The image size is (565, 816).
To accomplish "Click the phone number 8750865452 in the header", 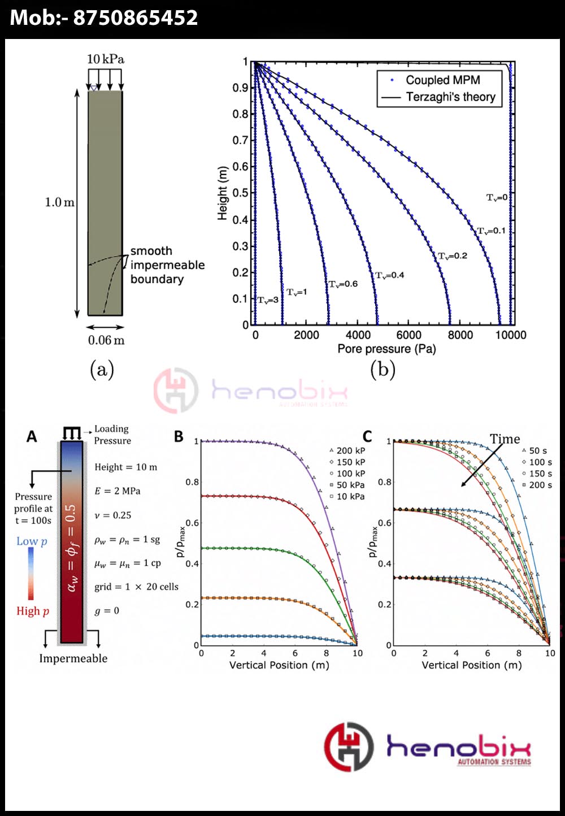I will [136, 18].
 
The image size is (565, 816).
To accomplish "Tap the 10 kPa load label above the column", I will [106, 59].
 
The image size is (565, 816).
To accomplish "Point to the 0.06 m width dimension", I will [106, 340].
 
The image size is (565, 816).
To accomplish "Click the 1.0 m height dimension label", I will [59, 202].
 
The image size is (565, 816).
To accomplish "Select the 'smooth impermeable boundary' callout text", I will [167, 265].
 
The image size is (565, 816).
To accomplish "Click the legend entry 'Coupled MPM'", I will [442, 80].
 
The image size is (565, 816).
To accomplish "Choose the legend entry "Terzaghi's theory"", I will [450, 97].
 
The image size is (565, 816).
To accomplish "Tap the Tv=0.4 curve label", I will [390, 275].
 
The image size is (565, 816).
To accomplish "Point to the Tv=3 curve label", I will [268, 300].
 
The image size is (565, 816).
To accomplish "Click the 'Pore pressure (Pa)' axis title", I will [386, 349].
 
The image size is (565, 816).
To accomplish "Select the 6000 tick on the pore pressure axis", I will [408, 335].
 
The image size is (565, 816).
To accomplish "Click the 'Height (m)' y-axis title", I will [222, 193].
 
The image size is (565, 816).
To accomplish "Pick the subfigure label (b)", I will [383, 370].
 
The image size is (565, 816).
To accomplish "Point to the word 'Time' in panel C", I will [505, 439].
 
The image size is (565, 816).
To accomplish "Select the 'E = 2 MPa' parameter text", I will [118, 491].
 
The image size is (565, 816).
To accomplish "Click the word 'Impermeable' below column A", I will [73, 658].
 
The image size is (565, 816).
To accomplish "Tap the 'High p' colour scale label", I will [32, 611].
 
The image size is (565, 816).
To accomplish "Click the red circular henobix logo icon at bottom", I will [349, 746].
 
